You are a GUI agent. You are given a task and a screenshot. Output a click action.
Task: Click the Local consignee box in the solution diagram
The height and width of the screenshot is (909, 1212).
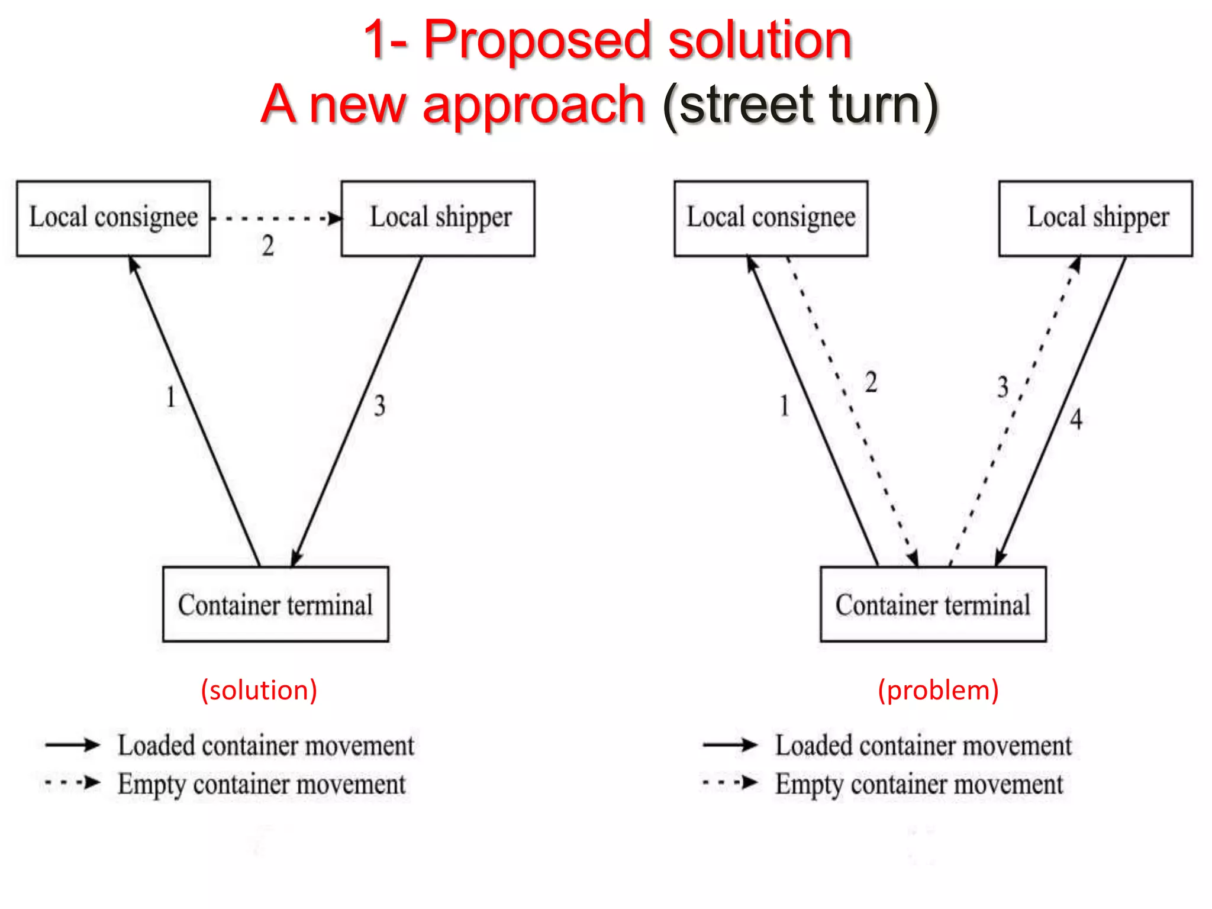[x=113, y=218]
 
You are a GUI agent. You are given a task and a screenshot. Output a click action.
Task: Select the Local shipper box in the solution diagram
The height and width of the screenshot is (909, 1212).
[x=438, y=218]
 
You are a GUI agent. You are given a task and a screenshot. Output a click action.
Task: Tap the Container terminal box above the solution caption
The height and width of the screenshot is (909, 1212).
[x=276, y=604]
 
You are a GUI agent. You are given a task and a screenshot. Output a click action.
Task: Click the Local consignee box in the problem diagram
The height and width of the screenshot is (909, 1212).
[x=771, y=218]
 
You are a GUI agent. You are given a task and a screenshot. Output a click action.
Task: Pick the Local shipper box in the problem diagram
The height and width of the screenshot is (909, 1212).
[x=1095, y=218]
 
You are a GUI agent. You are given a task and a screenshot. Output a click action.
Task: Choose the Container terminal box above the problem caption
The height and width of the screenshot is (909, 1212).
[x=933, y=604]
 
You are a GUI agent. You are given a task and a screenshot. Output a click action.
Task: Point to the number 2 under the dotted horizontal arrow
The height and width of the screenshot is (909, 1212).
[x=268, y=246]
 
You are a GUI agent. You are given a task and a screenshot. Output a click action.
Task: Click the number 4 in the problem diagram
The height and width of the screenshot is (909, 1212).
[x=1076, y=419]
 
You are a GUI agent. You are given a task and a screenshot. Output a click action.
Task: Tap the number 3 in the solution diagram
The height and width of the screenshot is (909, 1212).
[x=379, y=406]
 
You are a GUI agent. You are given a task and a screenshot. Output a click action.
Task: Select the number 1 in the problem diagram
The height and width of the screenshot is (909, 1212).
[x=784, y=406]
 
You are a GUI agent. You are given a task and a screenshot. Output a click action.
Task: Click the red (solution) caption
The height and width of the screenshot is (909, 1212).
[x=259, y=690]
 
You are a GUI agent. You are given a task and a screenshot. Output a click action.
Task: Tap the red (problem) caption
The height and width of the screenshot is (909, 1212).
[x=938, y=690]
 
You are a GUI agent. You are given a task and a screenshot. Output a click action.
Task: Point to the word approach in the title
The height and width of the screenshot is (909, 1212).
[x=533, y=105]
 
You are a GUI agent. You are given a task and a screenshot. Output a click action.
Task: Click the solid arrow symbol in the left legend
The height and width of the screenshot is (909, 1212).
[x=72, y=744]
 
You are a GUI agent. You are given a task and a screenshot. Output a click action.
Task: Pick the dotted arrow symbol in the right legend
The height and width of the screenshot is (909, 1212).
[x=730, y=783]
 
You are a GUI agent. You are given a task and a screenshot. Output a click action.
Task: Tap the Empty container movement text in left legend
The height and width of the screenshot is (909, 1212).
[x=262, y=785]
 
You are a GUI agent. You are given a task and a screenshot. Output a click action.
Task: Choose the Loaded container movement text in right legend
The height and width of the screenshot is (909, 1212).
[x=923, y=746]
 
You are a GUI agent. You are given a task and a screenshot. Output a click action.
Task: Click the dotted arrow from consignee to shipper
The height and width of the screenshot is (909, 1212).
[x=276, y=218]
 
